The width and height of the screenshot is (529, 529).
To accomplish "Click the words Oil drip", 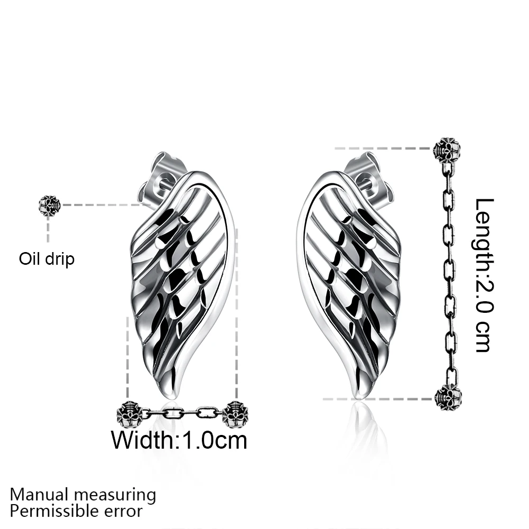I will [x=47, y=259].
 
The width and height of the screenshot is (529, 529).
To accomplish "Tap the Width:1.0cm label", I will [x=179, y=440].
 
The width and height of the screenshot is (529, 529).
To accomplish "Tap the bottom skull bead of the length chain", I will [x=448, y=398].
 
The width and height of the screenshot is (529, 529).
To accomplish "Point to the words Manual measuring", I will [x=83, y=495].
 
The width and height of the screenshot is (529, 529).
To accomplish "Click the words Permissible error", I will [x=76, y=511].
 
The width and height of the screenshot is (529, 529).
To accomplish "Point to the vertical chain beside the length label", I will [x=450, y=275].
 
